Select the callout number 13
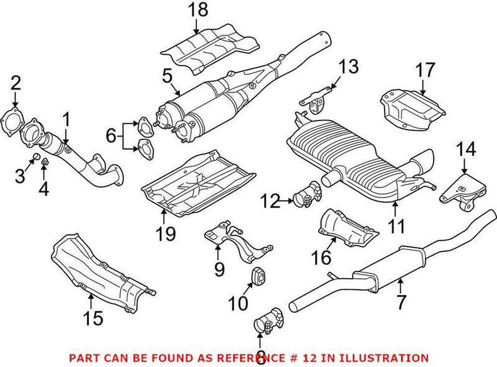(x=348, y=66)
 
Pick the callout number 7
(x=400, y=302)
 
